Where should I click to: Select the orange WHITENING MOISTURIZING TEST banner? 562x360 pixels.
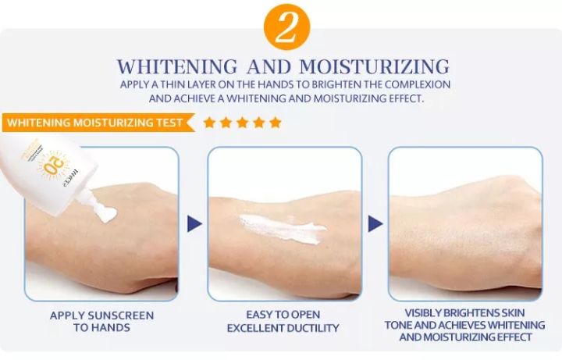coord(95,123)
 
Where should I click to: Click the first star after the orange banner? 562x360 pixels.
coord(209,123)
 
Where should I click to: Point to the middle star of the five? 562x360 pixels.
coord(242,123)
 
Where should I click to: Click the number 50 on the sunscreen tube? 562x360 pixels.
coord(54,166)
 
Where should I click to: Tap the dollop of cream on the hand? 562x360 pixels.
coord(106,213)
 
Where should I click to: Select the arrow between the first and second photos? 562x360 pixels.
coord(194,224)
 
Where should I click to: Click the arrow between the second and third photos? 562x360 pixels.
coord(375,224)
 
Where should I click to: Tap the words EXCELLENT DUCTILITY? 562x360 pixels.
coord(283,328)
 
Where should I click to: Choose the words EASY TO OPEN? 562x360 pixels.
coord(283,315)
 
